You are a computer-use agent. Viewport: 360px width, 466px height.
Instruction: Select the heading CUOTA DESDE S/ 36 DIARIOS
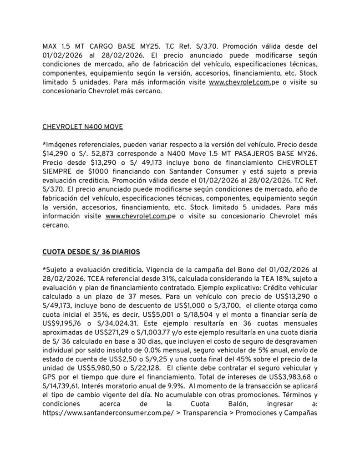click(91, 251)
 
